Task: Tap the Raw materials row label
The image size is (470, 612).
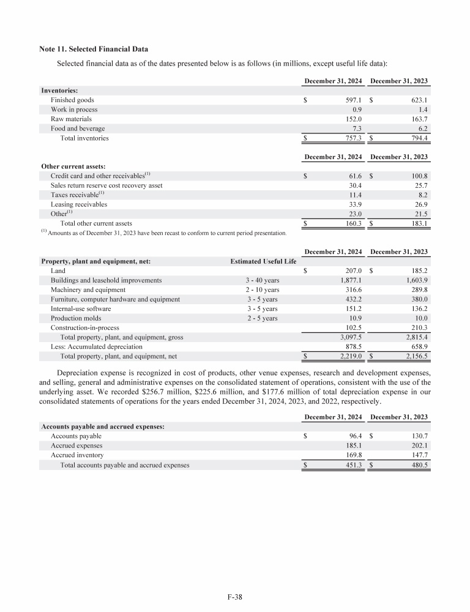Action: click(71, 119)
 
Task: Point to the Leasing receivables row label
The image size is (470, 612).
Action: click(78, 204)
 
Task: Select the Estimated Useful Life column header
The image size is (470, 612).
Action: click(263, 261)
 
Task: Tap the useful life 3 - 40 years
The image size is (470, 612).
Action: click(263, 280)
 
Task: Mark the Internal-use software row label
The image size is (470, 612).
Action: click(81, 309)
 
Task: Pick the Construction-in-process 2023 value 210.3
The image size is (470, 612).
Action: click(417, 328)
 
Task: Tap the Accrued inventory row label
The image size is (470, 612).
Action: click(77, 455)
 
